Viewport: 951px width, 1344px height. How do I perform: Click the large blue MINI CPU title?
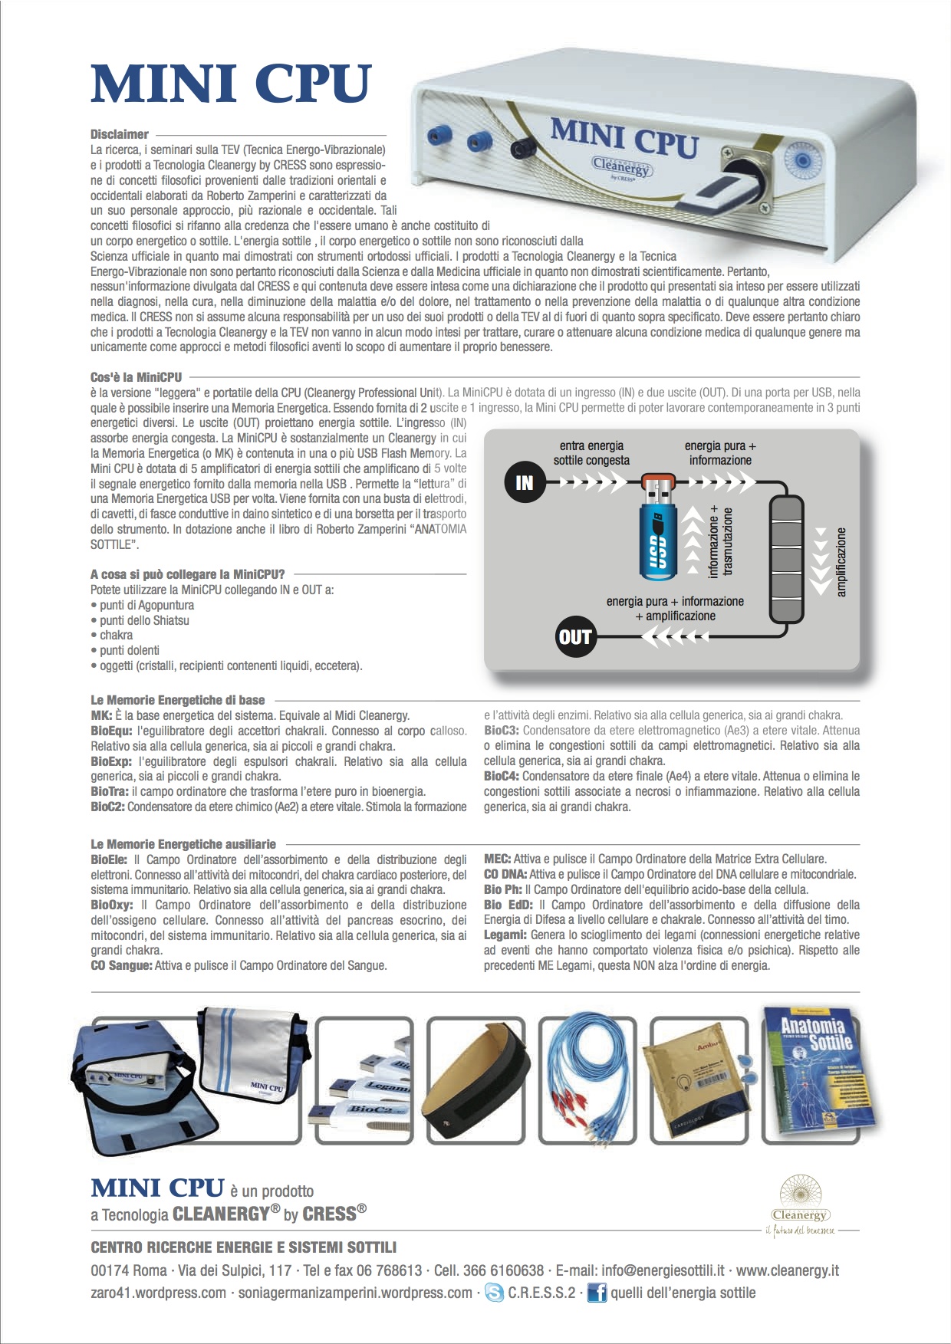click(x=231, y=84)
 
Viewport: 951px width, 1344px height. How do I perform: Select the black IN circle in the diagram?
click(x=524, y=482)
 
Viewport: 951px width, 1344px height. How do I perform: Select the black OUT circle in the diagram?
click(x=574, y=636)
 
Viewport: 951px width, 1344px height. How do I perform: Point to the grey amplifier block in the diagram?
click(x=787, y=559)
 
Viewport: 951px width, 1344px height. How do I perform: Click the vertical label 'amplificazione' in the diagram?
click(x=841, y=562)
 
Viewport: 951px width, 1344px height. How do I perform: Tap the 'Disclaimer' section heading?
click(x=120, y=134)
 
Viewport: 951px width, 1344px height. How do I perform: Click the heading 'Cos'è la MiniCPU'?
click(x=137, y=377)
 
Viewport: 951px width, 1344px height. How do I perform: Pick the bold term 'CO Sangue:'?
click(x=121, y=965)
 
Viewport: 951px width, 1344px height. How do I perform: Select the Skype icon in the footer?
click(x=495, y=1293)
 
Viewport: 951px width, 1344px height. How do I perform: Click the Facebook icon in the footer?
click(x=597, y=1293)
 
